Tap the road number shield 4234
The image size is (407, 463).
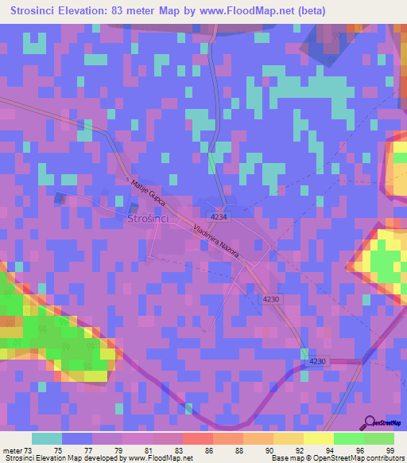pyautogui.click(x=219, y=216)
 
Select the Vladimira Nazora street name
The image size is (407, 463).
pyautogui.click(x=215, y=239)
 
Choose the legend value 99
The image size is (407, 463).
pyautogui.click(x=390, y=451)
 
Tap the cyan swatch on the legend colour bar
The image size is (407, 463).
pyautogui.click(x=47, y=438)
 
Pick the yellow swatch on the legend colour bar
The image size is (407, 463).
pyautogui.click(x=318, y=438)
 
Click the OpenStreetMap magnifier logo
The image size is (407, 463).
pyautogui.click(x=370, y=422)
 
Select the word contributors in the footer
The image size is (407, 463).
pyautogui.click(x=384, y=458)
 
